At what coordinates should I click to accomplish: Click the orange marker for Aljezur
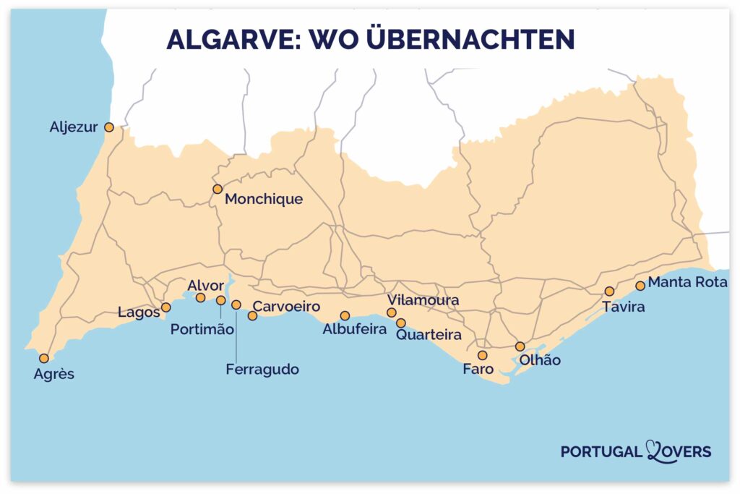[109, 127]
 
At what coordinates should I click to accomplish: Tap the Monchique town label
[264, 199]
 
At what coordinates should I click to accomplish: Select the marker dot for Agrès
[44, 358]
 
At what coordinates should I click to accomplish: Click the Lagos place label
[137, 312]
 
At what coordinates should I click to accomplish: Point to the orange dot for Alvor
[200, 297]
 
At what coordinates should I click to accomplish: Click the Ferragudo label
[262, 369]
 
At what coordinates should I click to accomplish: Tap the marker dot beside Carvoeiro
[252, 315]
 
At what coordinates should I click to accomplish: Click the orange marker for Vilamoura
[392, 312]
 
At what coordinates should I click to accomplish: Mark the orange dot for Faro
[482, 355]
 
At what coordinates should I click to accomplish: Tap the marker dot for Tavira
[609, 291]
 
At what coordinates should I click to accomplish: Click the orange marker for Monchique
[217, 189]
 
